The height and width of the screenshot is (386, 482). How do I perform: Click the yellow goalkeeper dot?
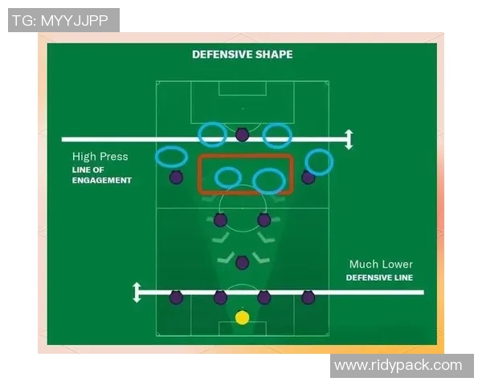tap(242, 318)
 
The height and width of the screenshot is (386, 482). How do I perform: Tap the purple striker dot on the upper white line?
tap(242, 134)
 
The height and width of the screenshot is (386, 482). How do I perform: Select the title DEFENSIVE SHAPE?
tap(242, 55)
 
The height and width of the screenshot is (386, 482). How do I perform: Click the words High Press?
tap(100, 157)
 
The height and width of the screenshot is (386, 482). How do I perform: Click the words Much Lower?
tap(381, 264)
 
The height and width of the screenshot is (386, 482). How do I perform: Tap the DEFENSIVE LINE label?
tap(380, 277)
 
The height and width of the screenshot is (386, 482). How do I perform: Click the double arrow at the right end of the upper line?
tap(348, 139)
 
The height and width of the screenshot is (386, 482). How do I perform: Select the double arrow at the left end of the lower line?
tap(137, 292)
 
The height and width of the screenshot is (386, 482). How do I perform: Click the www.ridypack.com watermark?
tap(398, 365)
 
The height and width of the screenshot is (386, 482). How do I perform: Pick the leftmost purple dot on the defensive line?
tap(176, 298)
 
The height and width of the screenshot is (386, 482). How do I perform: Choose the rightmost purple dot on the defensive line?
tap(308, 298)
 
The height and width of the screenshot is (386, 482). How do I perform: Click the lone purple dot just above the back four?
tap(242, 261)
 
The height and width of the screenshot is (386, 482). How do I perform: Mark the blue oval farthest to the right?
tap(319, 162)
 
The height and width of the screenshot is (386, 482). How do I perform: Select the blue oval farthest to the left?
tap(171, 157)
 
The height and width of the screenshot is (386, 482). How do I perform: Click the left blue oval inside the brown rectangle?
tap(228, 177)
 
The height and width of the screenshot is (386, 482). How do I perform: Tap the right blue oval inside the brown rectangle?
tap(268, 181)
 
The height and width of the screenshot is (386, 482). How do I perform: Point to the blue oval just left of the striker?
tap(213, 133)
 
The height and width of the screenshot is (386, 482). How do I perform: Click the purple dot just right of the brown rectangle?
tap(308, 177)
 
